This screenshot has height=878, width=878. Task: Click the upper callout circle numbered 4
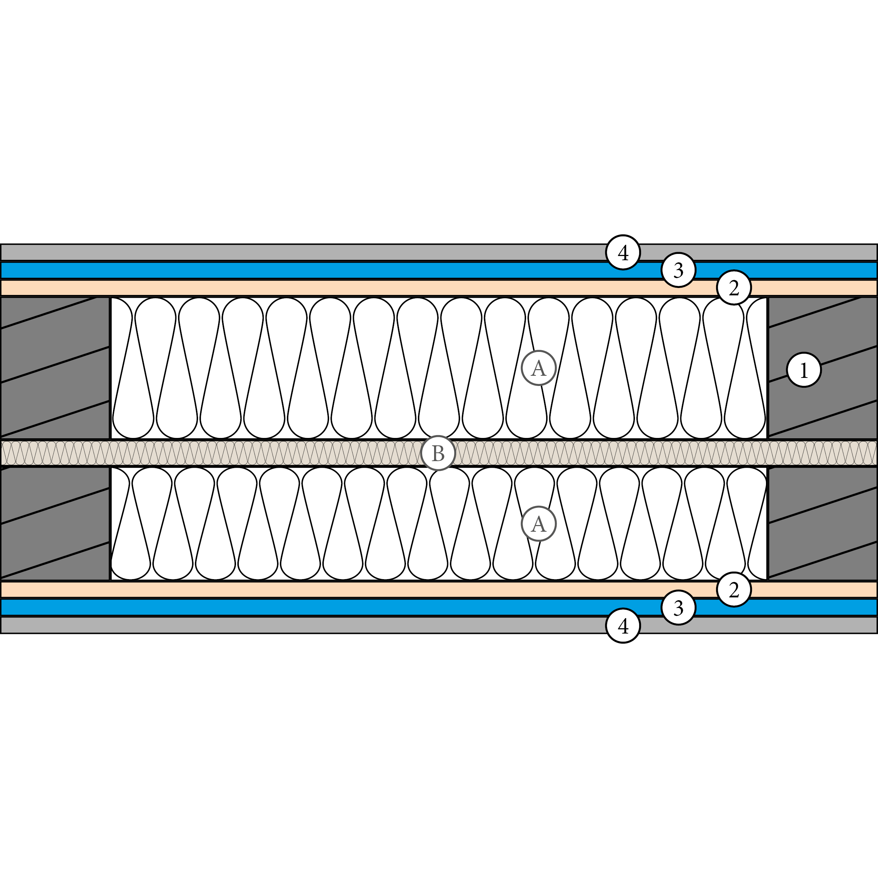pos(623,252)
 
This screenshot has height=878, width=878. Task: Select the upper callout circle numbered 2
pos(734,288)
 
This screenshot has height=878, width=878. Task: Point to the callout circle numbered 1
pos(804,370)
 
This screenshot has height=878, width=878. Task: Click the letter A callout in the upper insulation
pos(538,368)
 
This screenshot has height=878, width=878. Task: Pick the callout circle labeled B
pos(438,453)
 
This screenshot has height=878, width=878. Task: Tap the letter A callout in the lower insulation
pos(538,524)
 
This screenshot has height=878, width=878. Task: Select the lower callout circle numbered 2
pos(734,589)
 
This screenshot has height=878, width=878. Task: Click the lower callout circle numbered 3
pos(678,608)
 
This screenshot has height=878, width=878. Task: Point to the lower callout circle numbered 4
pos(623,626)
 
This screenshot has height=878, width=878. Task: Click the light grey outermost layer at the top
pos(273,252)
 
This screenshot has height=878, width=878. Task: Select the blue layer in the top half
pos(273,270)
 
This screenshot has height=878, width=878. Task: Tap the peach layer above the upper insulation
pos(273,288)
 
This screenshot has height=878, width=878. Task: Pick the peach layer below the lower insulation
pos(273,589)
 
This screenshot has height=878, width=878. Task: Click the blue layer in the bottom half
pos(273,607)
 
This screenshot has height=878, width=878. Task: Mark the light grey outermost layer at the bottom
pos(273,625)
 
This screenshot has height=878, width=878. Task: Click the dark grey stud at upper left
pos(54,368)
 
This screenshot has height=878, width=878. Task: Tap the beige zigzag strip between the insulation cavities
pos(227,453)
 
